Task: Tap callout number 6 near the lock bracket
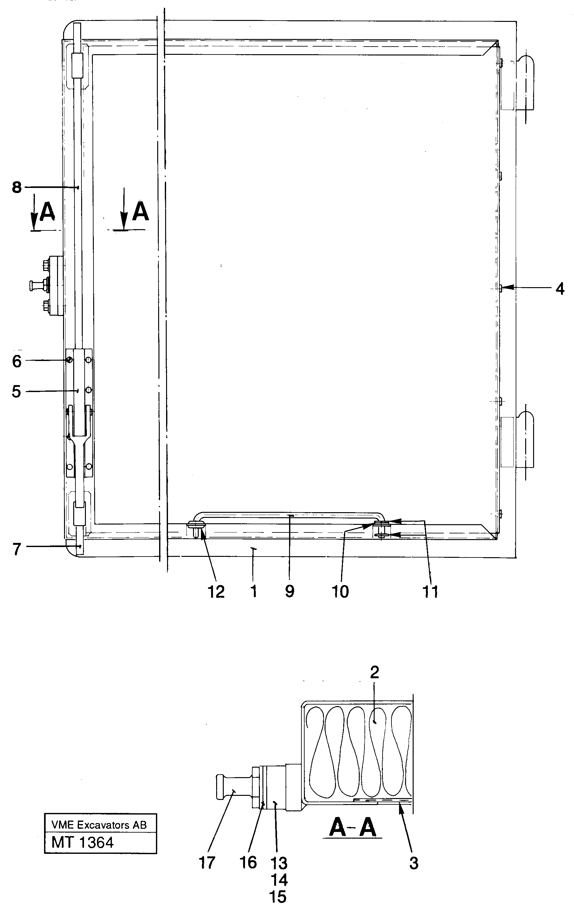[x=17, y=361]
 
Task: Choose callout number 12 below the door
[x=216, y=592]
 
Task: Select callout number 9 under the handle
[x=290, y=591]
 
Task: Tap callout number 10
[x=340, y=592]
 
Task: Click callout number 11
[x=430, y=592]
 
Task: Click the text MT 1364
[x=83, y=842]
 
